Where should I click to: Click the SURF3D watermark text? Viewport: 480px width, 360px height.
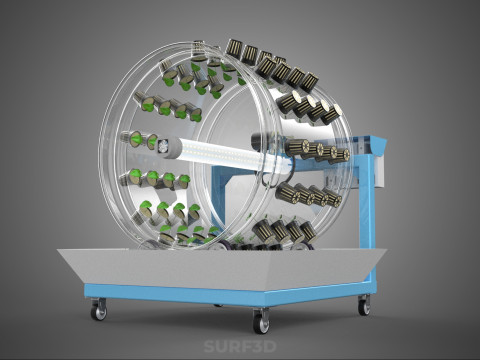point(240,346)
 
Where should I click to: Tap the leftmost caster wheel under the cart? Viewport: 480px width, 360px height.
point(99,309)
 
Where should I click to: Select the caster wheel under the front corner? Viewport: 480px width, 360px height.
point(261,321)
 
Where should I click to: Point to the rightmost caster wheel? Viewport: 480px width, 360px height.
point(364,305)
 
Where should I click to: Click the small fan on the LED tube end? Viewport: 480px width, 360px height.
point(164,147)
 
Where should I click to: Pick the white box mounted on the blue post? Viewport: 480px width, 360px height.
point(381,169)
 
